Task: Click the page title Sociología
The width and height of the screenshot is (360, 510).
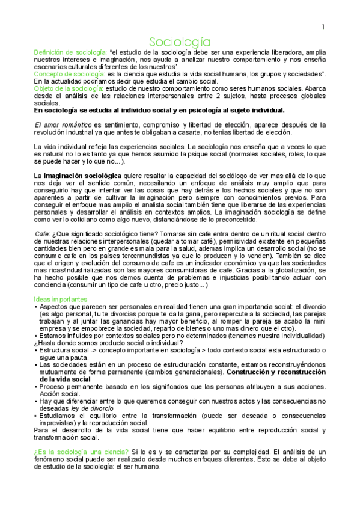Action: tap(180, 41)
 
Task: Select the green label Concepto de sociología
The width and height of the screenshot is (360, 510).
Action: tap(69, 74)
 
